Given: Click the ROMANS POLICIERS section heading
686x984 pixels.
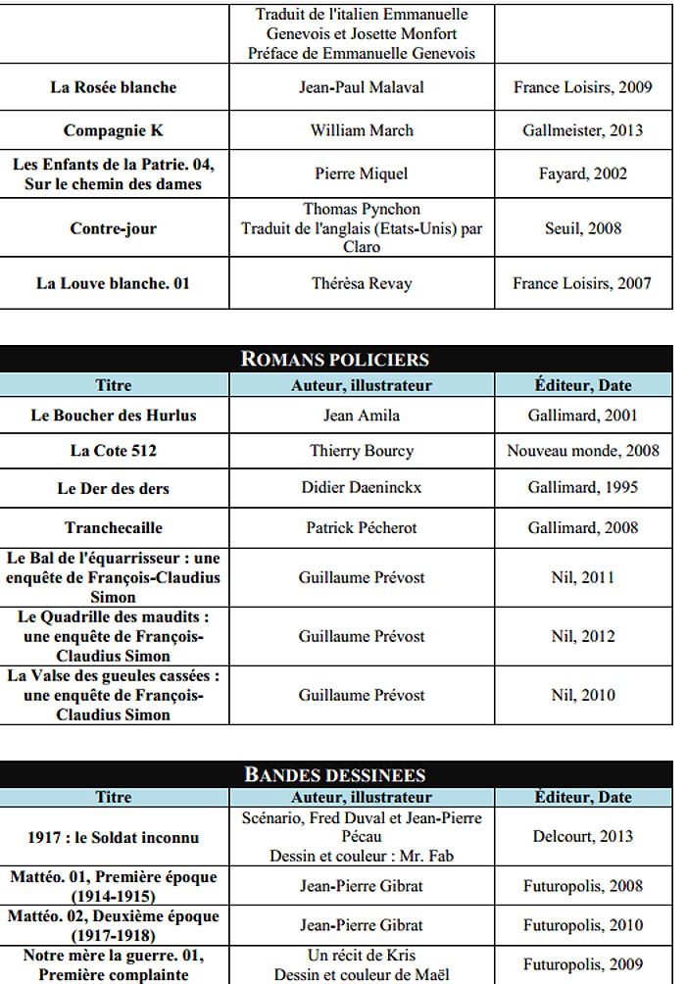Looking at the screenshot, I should (335, 360).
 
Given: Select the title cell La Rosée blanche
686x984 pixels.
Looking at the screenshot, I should (114, 87).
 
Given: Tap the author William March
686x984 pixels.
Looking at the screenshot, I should (362, 130).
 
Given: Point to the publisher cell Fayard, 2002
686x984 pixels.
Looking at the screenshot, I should (583, 173).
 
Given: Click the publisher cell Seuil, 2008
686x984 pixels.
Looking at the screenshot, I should (583, 228).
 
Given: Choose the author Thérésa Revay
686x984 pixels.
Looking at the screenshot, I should (362, 283).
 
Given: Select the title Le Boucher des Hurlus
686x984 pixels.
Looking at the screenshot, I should (114, 415).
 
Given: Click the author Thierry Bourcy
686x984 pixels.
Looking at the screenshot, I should (362, 451).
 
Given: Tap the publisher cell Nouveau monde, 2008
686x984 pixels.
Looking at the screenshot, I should (583, 451).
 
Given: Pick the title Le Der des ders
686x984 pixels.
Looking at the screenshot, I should (114, 488).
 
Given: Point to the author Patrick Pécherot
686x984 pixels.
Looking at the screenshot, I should (362, 527).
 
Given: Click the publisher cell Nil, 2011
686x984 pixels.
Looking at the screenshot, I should (583, 577).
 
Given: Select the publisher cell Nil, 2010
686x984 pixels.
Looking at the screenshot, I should (583, 695).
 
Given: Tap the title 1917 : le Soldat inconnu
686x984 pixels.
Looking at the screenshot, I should (114, 837).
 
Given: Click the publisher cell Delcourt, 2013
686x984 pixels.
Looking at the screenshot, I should (583, 836).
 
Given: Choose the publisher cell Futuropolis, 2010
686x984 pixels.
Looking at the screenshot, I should (583, 924).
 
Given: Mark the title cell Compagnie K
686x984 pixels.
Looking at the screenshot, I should (114, 130).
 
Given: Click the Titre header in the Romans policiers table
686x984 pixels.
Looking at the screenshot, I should (114, 385).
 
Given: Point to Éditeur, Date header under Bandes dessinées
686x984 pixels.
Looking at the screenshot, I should (583, 797).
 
